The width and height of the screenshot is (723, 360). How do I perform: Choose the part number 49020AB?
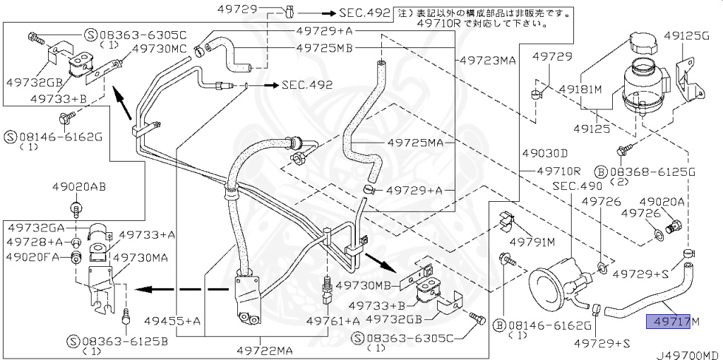(78, 187)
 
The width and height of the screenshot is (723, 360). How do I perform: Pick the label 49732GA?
(36, 228)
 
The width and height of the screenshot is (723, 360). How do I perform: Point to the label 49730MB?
(363, 285)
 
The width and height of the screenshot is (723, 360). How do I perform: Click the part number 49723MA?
(488, 60)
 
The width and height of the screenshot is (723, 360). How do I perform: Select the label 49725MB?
(324, 48)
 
